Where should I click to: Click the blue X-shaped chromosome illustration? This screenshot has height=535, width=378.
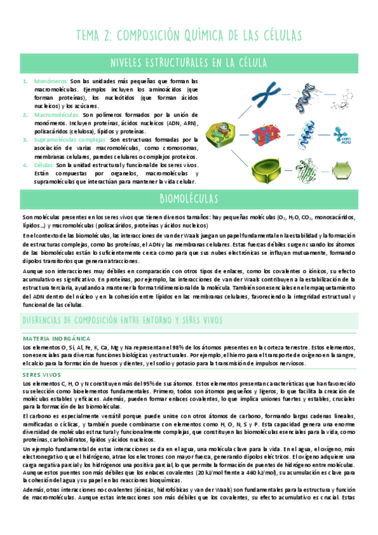pyautogui.click(x=259, y=94)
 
